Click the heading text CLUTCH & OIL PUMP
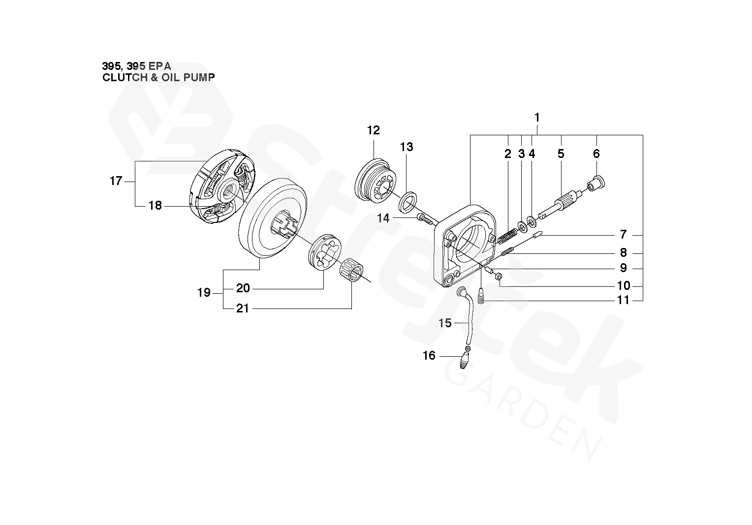[x=158, y=77]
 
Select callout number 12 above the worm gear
[x=374, y=130]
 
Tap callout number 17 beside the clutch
[x=116, y=181]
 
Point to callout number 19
[x=204, y=293]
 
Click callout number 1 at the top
[x=537, y=118]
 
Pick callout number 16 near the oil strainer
[x=429, y=355]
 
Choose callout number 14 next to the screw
[x=383, y=218]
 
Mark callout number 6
[x=596, y=154]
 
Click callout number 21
[x=242, y=309]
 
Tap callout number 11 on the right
[x=623, y=300]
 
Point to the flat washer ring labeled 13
[x=408, y=202]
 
